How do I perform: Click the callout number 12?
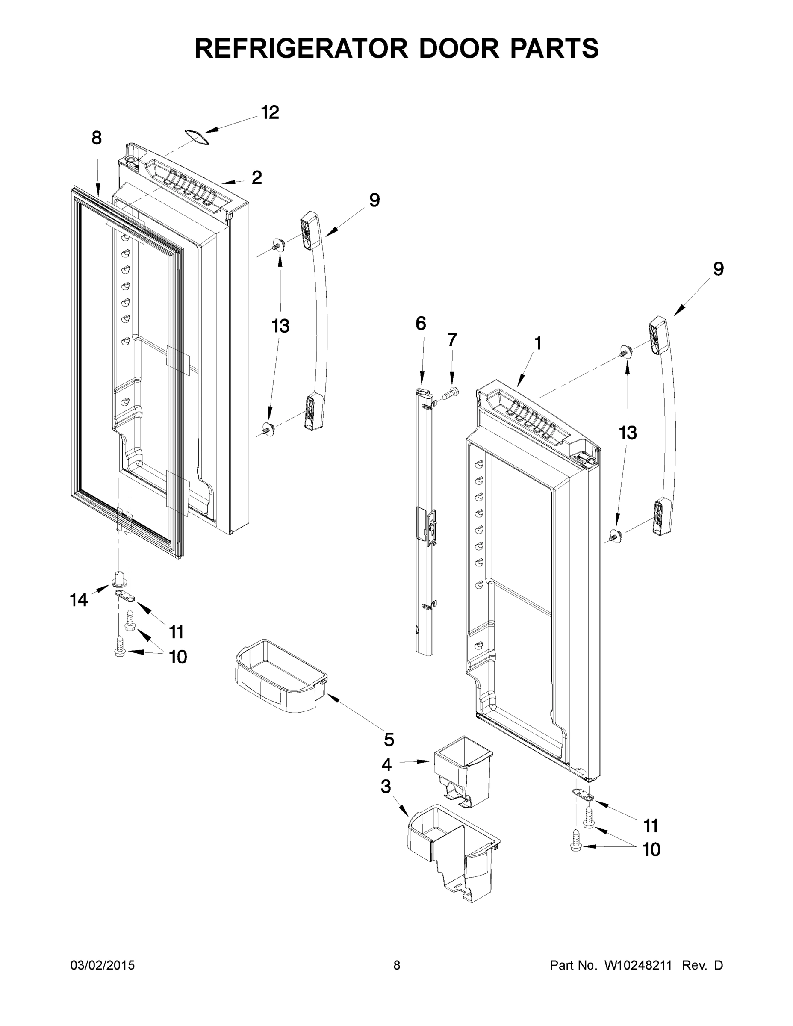[270, 112]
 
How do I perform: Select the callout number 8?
[96, 138]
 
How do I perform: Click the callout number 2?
[256, 177]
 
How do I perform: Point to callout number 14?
[79, 600]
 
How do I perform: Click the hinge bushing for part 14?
[118, 579]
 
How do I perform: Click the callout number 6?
[421, 323]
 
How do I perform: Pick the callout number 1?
[538, 343]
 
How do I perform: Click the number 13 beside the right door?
[628, 433]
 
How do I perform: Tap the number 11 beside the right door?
[651, 826]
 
